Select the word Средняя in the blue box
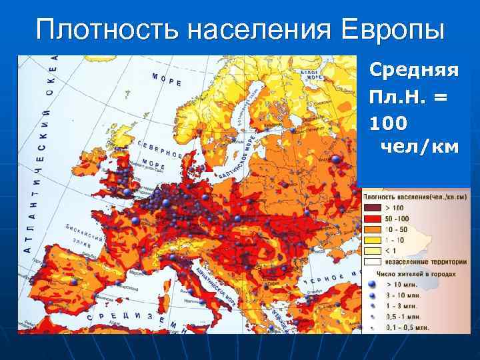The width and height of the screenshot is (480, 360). click(413, 69)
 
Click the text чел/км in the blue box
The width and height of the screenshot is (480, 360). click(419, 146)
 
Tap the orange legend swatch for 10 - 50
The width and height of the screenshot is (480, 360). click(372, 229)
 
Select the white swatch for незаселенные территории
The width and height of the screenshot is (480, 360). click(372, 261)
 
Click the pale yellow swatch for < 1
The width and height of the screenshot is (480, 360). click(372, 250)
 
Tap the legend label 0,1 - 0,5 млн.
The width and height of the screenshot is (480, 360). click(407, 327)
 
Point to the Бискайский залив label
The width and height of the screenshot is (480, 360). click(83, 234)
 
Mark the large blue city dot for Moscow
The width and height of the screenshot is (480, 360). click(336, 159)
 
